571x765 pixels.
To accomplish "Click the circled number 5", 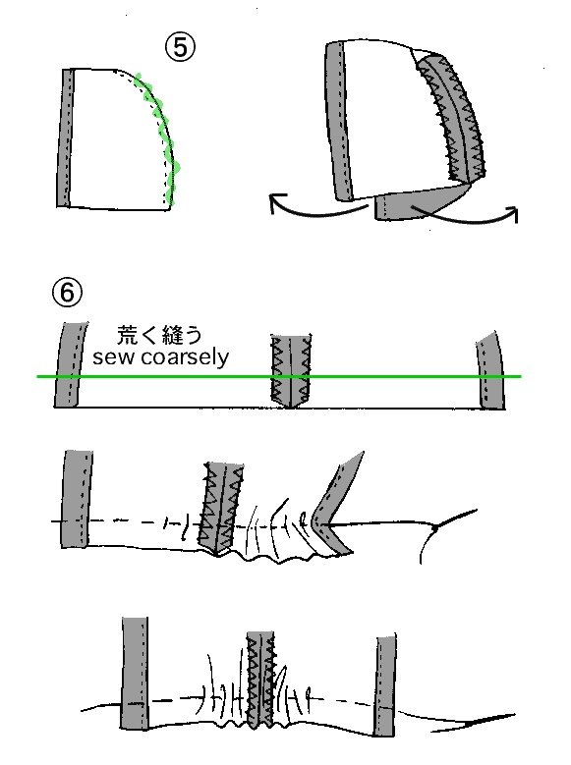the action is pos(180,48).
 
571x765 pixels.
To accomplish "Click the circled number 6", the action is pos(67,293).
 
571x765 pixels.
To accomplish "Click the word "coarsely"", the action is pos(185,358).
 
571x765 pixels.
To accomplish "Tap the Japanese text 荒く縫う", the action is pos(159,335).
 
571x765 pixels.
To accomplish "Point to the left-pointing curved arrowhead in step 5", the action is pos(277,201).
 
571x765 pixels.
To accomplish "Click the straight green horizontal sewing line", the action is pos(279,376).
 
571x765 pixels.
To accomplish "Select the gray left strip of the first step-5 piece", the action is pos(65,138).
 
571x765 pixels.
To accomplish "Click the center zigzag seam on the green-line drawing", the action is pos(291,371).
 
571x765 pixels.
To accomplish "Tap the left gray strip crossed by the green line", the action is pos(70,364).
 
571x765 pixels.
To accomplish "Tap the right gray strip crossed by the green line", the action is pos(490,372).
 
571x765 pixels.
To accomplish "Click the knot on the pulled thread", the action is pos(434,527).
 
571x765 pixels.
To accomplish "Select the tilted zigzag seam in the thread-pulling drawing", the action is pos(220,509).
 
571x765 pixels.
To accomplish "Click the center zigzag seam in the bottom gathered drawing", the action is pos(260,680).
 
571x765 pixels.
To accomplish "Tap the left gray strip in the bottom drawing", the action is pos(135,674).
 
